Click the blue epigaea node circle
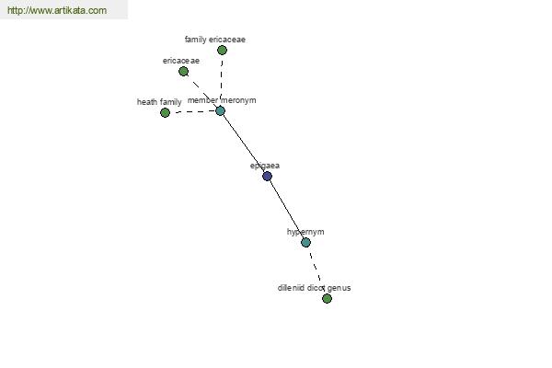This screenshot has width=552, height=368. tap(267, 176)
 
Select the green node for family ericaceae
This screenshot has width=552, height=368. tap(222, 51)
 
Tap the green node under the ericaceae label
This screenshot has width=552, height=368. tap(183, 72)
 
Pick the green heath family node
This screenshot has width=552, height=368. tap(165, 112)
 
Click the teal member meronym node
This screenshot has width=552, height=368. tap(220, 111)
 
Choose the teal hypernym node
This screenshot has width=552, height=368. tap(306, 242)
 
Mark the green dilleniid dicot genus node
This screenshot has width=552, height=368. tap(327, 299)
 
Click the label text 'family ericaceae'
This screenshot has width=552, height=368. tap(215, 40)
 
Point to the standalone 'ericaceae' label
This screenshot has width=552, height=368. tap(181, 61)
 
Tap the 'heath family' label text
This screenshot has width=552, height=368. tap(159, 102)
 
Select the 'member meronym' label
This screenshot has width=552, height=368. tap(222, 100)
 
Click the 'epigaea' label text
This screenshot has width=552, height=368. tap(265, 166)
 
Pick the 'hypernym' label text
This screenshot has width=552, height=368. tap(305, 232)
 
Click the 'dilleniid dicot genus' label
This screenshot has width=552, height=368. tap(314, 288)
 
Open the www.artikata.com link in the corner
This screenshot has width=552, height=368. tap(57, 10)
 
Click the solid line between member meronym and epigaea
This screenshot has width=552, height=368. tap(244, 144)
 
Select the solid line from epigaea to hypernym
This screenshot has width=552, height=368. tap(286, 209)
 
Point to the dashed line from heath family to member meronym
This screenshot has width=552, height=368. tap(192, 111)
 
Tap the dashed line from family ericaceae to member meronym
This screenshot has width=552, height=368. tap(221, 81)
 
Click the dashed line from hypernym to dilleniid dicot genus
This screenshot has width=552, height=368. tap(316, 270)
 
